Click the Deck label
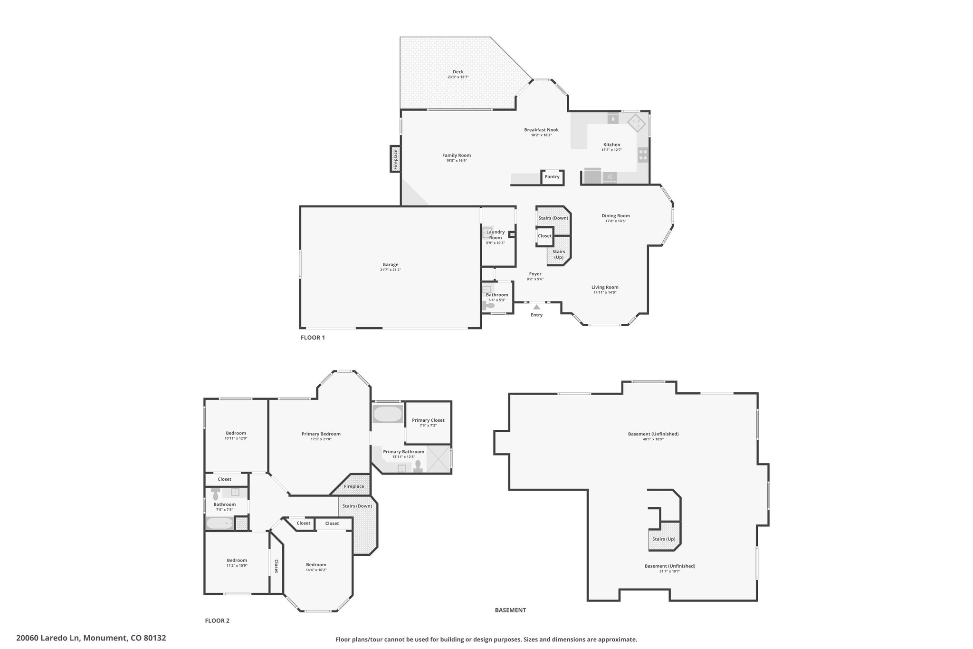(x=458, y=72)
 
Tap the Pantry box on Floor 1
(x=552, y=177)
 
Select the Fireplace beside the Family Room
(x=395, y=159)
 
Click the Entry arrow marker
(x=536, y=307)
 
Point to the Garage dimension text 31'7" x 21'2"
(x=391, y=270)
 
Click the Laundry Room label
(x=496, y=235)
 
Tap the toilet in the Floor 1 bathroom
(x=487, y=306)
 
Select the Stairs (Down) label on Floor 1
(x=553, y=218)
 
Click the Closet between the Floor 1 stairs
(x=544, y=236)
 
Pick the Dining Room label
(x=616, y=216)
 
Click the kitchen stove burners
(x=643, y=155)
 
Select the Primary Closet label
(x=428, y=420)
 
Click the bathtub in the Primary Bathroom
(x=388, y=414)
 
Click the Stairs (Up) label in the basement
(x=664, y=539)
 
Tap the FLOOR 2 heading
(x=217, y=620)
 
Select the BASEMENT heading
(x=510, y=610)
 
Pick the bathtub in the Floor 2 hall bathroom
(x=219, y=524)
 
